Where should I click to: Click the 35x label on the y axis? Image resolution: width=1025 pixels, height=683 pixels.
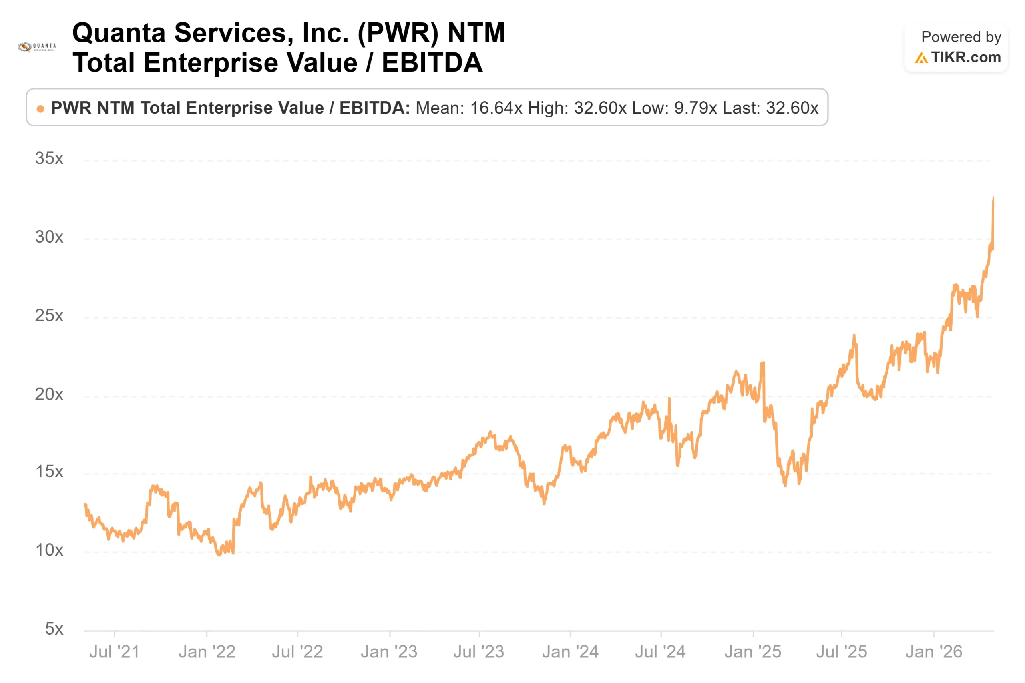tap(49, 158)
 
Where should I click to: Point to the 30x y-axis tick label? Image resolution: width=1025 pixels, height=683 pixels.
tap(49, 237)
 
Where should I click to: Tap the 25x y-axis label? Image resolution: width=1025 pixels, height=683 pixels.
tap(49, 315)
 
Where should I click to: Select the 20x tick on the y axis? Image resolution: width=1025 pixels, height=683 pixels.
tap(49, 394)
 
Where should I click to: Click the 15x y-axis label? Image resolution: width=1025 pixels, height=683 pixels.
tap(49, 472)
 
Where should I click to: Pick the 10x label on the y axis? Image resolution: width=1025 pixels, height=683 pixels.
tap(49, 550)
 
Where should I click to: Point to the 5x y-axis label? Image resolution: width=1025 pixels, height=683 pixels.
tap(54, 629)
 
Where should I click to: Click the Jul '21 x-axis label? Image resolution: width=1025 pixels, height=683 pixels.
tap(114, 652)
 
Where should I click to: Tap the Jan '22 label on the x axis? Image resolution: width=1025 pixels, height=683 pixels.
tap(207, 652)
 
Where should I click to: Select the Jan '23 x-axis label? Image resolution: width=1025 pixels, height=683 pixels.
tap(389, 652)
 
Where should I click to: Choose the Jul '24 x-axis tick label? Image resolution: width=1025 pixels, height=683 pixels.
tap(660, 652)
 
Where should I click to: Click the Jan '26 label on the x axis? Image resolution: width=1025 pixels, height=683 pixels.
tap(934, 652)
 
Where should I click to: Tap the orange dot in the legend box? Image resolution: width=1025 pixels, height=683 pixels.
tap(40, 109)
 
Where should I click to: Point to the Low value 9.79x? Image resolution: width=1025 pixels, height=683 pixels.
tap(695, 108)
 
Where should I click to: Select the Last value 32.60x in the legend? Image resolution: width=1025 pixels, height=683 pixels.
tap(792, 108)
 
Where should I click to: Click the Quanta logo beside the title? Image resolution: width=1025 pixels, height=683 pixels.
tap(36, 46)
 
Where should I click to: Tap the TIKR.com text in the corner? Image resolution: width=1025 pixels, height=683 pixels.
tap(966, 58)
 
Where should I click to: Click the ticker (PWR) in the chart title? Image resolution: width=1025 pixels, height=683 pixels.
tap(398, 33)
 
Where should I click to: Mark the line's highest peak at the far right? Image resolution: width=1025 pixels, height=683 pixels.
tap(993, 197)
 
